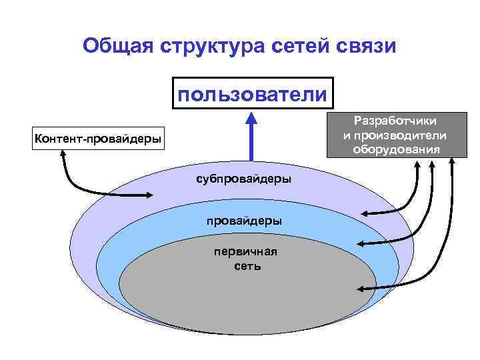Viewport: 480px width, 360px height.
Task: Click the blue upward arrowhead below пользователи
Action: point(251,119)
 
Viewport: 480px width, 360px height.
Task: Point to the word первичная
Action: point(245,252)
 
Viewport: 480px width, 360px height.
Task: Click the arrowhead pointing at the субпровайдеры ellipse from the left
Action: point(151,195)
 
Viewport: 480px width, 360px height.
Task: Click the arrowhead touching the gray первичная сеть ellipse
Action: point(361,288)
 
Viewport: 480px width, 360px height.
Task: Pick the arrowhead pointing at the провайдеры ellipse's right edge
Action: point(361,244)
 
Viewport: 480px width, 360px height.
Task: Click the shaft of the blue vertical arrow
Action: point(251,143)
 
